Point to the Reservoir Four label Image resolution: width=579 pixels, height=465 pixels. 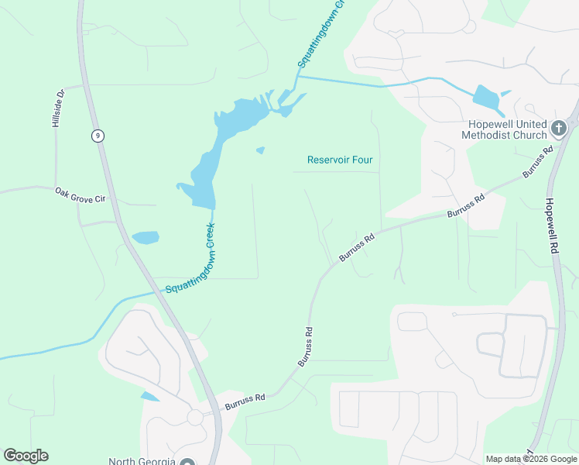tap(340, 160)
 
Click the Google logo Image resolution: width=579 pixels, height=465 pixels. tap(26, 456)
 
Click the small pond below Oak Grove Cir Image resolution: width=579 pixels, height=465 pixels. tap(146, 237)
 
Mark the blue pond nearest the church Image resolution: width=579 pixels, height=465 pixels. tap(486, 97)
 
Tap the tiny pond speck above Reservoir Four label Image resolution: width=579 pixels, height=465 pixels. tap(260, 150)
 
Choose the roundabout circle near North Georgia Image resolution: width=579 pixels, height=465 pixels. tap(194, 417)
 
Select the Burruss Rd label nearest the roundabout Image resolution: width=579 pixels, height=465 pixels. tap(245, 401)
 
